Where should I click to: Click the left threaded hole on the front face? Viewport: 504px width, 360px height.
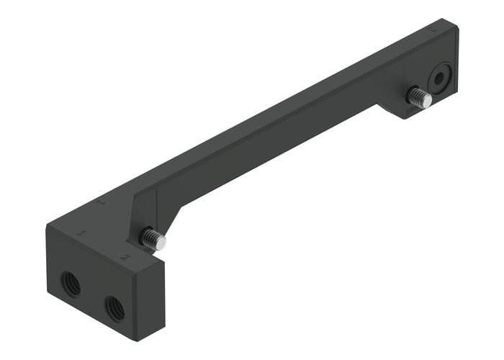tap(71, 284)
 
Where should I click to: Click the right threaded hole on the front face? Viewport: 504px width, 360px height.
tap(114, 308)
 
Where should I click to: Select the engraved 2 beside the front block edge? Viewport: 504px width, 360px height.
tap(126, 256)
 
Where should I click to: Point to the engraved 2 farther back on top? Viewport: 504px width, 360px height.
tap(102, 204)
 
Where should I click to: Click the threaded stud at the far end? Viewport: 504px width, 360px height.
tap(418, 96)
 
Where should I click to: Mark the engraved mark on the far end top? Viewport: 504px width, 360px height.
tap(433, 32)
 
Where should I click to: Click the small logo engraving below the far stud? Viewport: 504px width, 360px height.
tap(412, 112)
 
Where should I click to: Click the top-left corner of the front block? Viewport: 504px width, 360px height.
tap(48, 226)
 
